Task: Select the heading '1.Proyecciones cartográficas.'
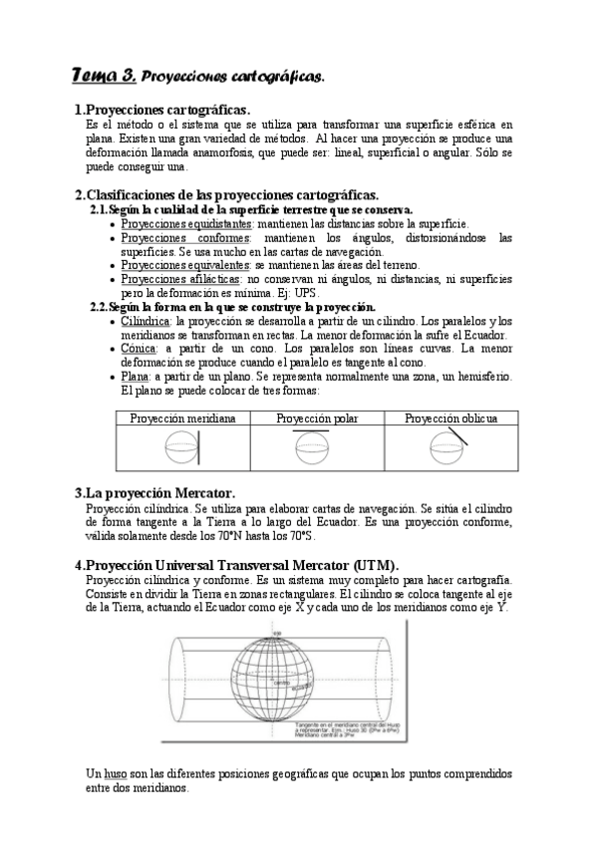click(162, 109)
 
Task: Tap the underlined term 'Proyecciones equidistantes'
click(186, 225)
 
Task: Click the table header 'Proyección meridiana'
click(182, 419)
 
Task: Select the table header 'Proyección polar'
click(317, 419)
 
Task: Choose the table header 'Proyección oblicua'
click(450, 419)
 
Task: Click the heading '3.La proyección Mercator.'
click(155, 493)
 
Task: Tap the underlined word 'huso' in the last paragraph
click(115, 773)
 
